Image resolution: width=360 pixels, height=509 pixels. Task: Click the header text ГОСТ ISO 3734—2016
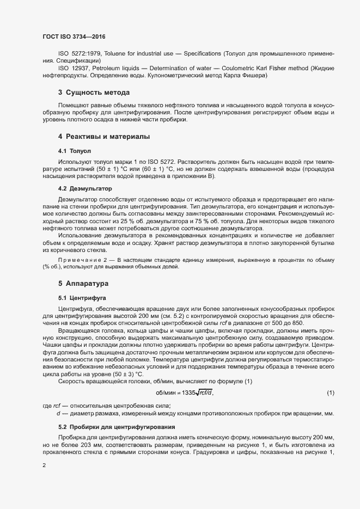(x=74, y=36)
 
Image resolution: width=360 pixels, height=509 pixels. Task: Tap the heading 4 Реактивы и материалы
(x=104, y=136)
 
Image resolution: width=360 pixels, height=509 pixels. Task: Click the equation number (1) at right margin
(x=331, y=393)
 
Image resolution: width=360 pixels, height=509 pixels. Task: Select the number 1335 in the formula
(x=188, y=393)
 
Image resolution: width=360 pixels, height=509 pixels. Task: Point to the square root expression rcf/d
(x=205, y=393)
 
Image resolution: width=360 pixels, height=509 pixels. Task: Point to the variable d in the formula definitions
(x=58, y=414)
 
